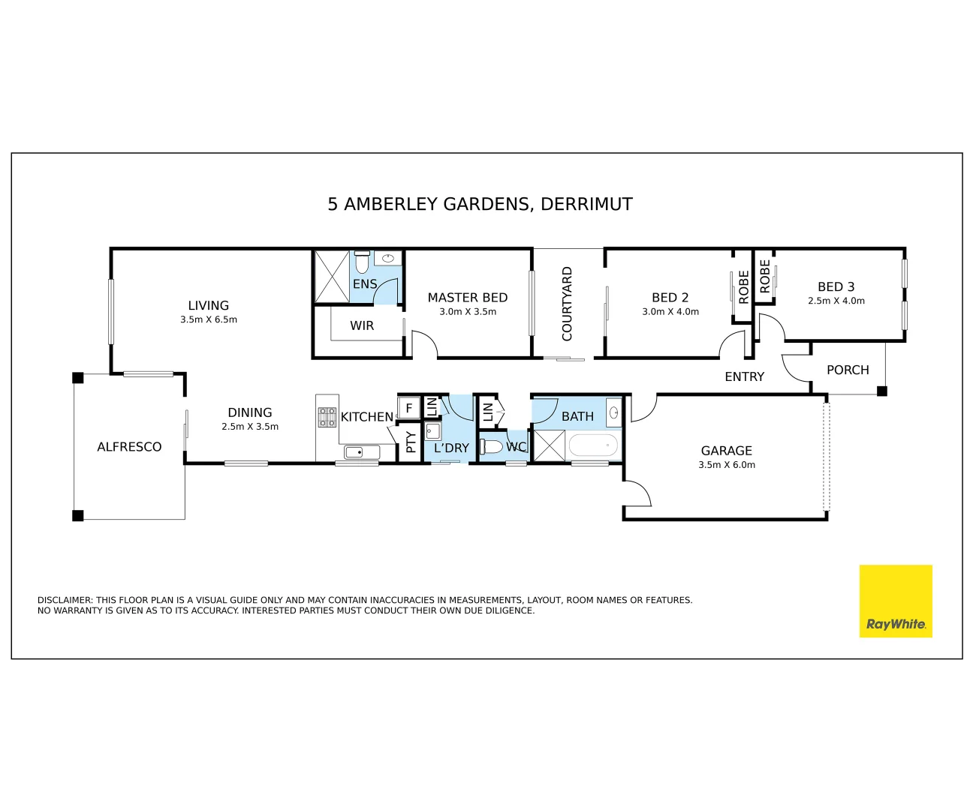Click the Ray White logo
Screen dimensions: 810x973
click(895, 601)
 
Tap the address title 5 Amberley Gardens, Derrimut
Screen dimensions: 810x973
click(480, 204)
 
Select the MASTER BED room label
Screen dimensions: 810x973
click(467, 298)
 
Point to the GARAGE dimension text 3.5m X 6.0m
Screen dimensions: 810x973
click(726, 465)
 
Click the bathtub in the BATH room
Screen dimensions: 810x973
click(593, 446)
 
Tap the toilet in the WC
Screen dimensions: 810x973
click(491, 447)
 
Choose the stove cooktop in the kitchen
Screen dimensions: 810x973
click(327, 417)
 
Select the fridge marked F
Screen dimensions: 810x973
click(408, 409)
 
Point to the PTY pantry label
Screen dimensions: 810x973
click(411, 442)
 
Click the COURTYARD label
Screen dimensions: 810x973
click(567, 304)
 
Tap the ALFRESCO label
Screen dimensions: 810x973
click(129, 447)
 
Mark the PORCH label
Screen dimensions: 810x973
click(848, 370)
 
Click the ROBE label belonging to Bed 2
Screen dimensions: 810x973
click(743, 286)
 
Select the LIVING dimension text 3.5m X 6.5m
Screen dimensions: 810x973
click(208, 319)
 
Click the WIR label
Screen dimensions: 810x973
click(362, 325)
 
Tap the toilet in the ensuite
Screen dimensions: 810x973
click(362, 262)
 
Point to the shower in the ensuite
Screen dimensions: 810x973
click(332, 277)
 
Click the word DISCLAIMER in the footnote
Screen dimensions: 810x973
click(65, 600)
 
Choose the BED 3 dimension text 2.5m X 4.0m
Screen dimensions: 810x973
click(836, 301)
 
